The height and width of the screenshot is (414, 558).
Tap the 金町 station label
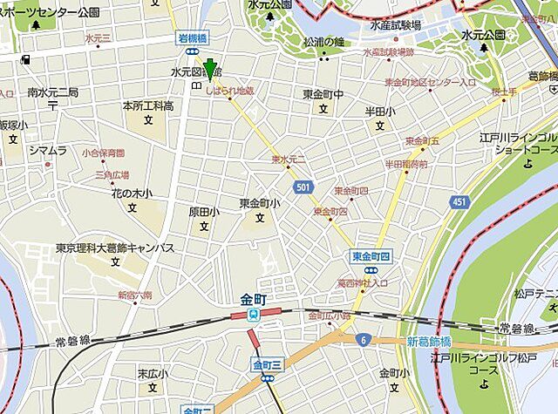[254, 300]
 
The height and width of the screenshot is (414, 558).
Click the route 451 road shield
[459, 202]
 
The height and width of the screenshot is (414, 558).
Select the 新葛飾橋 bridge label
[430, 342]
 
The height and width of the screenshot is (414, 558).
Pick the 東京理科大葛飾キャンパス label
[114, 248]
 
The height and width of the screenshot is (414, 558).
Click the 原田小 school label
[204, 212]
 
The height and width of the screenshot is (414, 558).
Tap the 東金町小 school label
[260, 204]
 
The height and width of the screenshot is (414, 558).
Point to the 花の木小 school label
[132, 193]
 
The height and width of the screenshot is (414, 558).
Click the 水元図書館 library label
[195, 71]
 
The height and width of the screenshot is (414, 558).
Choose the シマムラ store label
[47, 151]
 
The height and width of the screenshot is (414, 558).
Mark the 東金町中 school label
[323, 95]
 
